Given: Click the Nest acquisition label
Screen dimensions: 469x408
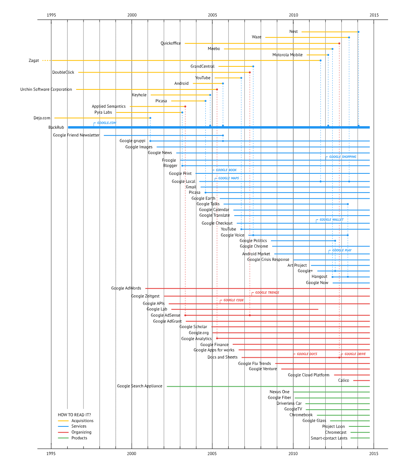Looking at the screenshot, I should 294,32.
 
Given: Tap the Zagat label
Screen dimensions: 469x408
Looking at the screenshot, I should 34,61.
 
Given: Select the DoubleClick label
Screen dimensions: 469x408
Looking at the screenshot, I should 63,72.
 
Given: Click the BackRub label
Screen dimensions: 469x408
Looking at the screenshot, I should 56,127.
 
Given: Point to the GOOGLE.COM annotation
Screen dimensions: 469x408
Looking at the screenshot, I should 107,123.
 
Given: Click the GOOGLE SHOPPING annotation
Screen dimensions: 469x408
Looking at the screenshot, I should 342,157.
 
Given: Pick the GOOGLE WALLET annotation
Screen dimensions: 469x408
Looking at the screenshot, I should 331,220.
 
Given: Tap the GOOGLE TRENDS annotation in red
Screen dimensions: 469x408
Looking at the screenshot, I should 267,292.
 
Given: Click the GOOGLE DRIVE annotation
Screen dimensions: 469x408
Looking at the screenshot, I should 355,354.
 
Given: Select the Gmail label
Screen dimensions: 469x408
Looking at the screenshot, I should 191,187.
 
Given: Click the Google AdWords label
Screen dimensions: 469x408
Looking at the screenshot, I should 126,288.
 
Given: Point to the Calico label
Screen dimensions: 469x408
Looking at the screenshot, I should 344,380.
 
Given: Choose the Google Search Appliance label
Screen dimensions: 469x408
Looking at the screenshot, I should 140,386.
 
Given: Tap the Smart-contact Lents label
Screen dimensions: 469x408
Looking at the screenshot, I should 329,438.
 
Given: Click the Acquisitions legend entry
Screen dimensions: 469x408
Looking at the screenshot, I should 82,421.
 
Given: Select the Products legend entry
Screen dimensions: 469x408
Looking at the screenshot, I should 79,438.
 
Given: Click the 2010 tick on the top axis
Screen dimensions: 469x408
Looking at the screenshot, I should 293,15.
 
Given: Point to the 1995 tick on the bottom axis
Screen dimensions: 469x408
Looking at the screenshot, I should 51,454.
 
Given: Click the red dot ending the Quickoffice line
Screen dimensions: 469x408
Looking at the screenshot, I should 339,43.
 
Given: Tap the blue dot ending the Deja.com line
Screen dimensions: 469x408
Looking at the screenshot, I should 150,118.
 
